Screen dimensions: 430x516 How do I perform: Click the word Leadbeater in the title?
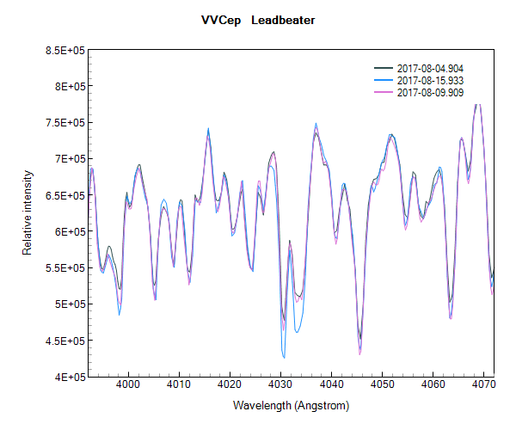point(283,19)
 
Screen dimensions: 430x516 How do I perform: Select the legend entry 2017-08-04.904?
point(430,68)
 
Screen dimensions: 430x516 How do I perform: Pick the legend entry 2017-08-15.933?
point(430,80)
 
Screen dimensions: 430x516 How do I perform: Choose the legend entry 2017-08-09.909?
point(430,92)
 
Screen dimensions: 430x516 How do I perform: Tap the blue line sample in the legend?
point(384,80)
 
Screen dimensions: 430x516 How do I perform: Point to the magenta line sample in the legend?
point(384,92)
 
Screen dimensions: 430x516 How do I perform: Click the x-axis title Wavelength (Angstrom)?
point(292,403)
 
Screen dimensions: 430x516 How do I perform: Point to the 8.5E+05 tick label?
point(64,50)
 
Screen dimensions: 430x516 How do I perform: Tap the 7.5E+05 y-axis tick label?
point(64,122)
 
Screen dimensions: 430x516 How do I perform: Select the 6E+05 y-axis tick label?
point(68,230)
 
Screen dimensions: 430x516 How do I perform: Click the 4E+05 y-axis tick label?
point(68,376)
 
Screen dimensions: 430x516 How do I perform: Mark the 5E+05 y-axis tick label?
point(68,304)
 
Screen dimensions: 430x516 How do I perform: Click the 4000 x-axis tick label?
point(128,385)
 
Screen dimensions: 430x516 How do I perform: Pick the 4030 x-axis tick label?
point(280,385)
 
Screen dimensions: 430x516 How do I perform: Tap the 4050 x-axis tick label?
point(382,385)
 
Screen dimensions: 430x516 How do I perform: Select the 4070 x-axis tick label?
point(483,385)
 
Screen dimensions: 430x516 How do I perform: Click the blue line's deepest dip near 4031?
point(284,357)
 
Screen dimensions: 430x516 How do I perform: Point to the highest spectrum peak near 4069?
point(478,104)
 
